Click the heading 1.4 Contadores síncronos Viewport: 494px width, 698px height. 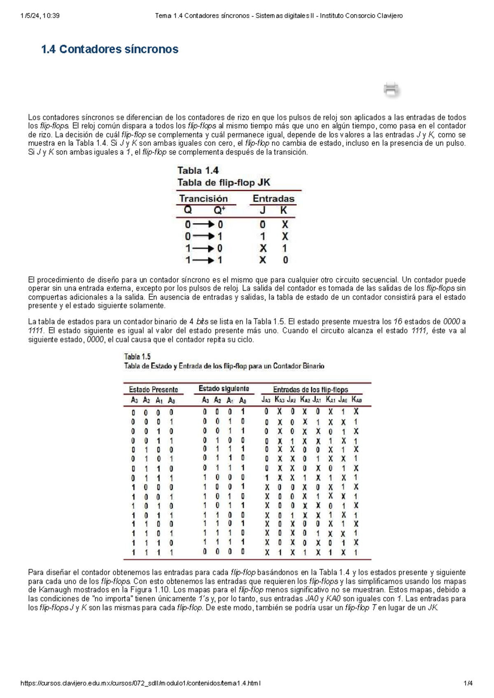110,49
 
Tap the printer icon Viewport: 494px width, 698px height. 391,89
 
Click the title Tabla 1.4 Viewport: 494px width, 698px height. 198,171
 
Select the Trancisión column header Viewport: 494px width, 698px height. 203,199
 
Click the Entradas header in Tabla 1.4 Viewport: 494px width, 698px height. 273,199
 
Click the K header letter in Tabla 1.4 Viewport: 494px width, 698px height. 284,210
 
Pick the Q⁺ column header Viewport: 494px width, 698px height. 219,210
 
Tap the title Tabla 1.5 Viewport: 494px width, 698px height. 137,356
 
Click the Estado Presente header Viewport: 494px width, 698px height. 154,390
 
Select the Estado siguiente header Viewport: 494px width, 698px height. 224,389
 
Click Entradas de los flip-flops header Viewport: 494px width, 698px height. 310,390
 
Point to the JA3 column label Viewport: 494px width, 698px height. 266,400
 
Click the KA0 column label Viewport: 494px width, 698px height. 357,400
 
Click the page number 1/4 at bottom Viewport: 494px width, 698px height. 468,684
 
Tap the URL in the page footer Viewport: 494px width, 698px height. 140,684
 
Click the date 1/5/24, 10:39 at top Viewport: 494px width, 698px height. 40,16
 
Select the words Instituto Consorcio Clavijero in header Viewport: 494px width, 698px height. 361,16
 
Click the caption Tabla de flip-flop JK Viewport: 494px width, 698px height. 224,183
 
